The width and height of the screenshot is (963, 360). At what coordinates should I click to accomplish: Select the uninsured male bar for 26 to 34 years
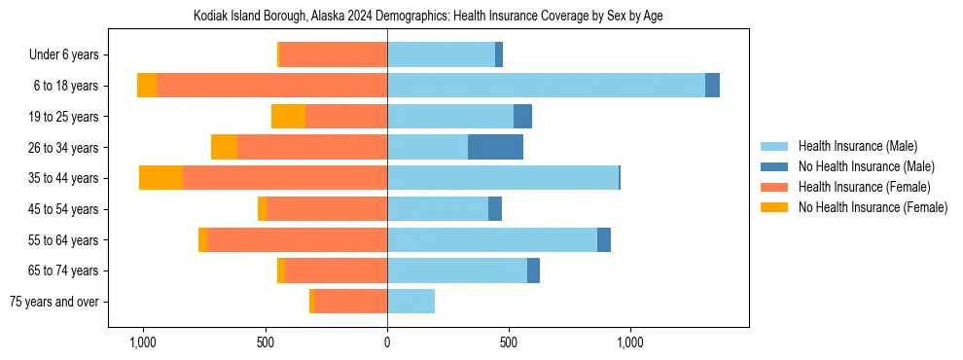(495, 147)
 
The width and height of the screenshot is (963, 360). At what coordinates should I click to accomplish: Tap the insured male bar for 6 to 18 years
(546, 86)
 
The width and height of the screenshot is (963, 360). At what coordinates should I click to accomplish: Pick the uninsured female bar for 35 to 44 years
(160, 178)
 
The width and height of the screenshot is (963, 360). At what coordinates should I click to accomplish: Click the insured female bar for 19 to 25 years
(346, 117)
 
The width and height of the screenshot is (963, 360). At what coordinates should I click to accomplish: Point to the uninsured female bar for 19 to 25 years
(288, 117)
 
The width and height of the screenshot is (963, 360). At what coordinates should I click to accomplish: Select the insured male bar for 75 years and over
(410, 302)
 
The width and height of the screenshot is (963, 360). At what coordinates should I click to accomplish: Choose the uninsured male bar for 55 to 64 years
(604, 239)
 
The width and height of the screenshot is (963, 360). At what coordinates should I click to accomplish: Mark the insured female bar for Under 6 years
(334, 54)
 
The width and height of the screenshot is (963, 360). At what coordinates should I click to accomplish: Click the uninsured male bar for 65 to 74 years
(533, 270)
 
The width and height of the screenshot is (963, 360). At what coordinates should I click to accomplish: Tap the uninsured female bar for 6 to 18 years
(147, 86)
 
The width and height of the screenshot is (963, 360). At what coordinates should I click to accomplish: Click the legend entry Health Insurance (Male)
(857, 146)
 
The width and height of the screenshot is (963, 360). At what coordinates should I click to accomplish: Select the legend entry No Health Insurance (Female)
(873, 207)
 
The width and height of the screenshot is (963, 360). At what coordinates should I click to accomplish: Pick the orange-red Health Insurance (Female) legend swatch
(774, 187)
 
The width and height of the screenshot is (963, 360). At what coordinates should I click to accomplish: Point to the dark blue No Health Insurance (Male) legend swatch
(774, 166)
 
